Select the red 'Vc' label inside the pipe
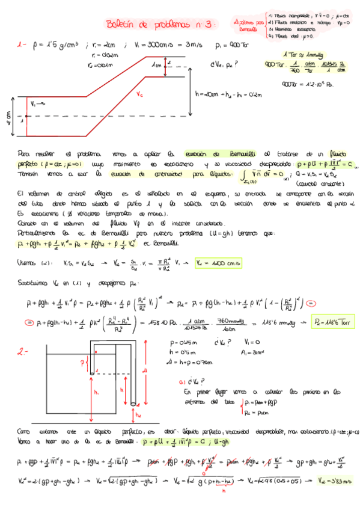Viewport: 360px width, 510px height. pyautogui.click(x=139, y=94)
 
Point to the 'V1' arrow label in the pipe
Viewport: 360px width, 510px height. pyautogui.click(x=35, y=103)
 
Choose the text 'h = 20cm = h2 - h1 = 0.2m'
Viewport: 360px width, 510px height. pyautogui.click(x=220, y=94)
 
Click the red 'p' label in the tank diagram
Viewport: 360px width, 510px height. pyautogui.click(x=83, y=362)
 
